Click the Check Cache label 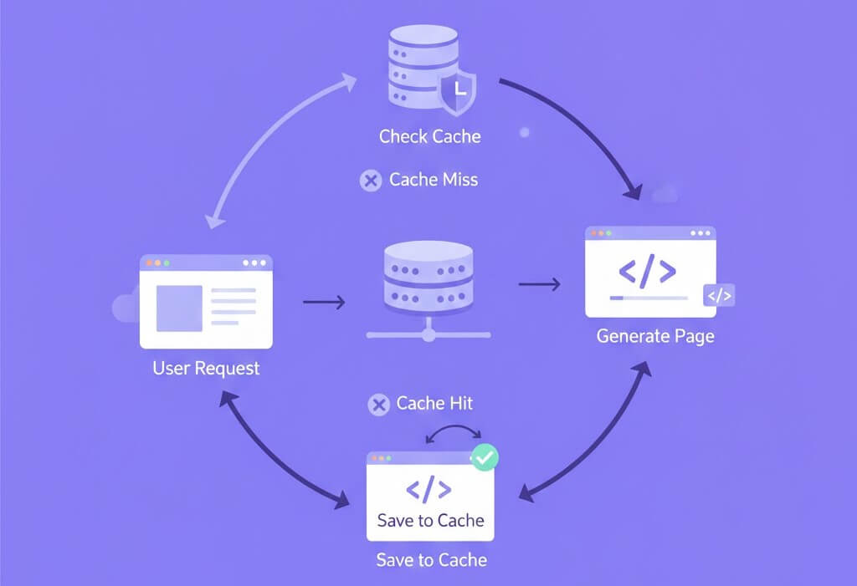429,136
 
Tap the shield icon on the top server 457,90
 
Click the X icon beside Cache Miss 370,181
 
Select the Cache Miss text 434,180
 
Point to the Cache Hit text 434,404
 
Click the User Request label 206,368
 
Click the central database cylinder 428,276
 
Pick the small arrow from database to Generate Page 539,285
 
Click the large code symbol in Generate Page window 646,271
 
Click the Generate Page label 655,337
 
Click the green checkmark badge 485,457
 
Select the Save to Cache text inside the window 430,521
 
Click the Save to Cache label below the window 431,559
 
